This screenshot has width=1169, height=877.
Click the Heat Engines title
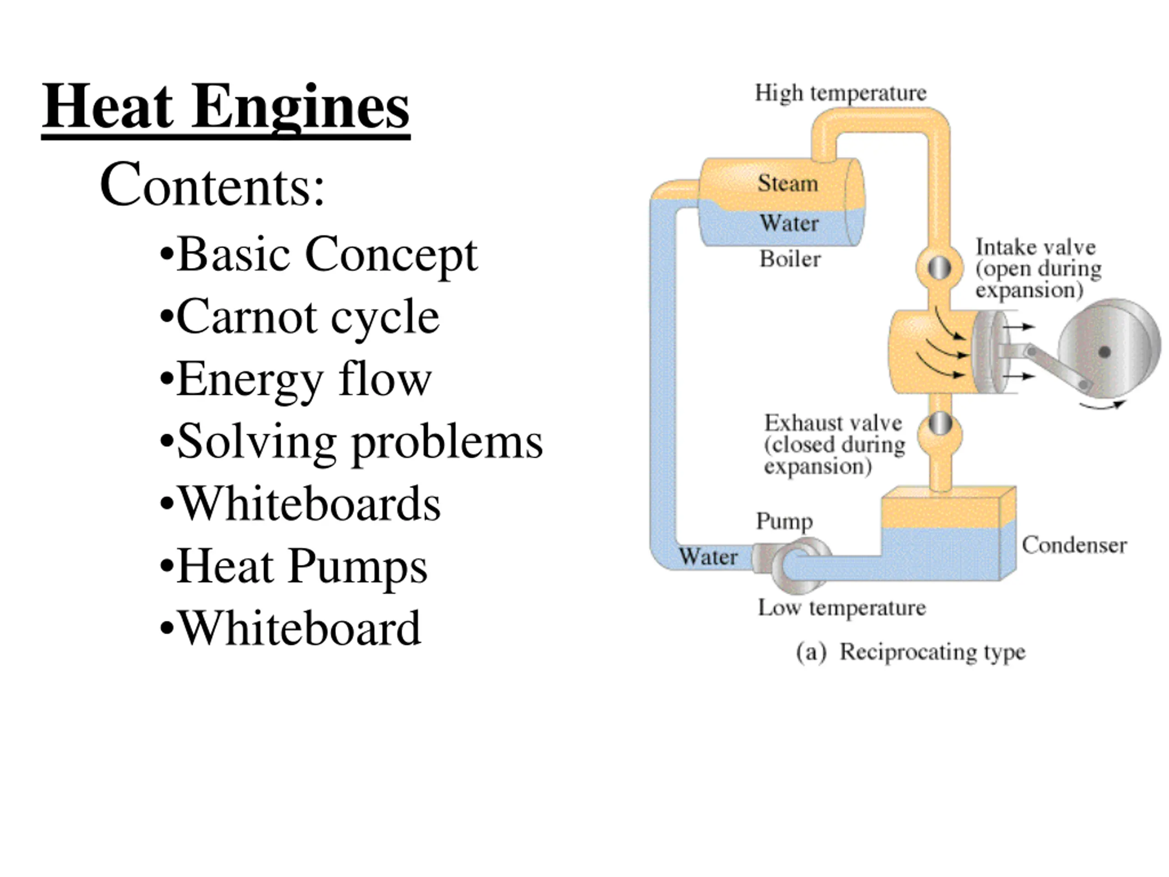pyautogui.click(x=226, y=108)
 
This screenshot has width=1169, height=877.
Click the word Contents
pyautogui.click(x=212, y=185)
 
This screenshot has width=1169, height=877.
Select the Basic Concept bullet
pyautogui.click(x=318, y=255)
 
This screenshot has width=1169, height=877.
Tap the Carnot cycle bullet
pyautogui.click(x=299, y=317)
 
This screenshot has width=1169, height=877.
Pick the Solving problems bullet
pyautogui.click(x=351, y=442)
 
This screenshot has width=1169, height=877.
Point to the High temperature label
pyautogui.click(x=840, y=94)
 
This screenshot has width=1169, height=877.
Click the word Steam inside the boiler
pyautogui.click(x=788, y=183)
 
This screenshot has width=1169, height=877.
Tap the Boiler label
pyautogui.click(x=790, y=259)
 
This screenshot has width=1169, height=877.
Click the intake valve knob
pyautogui.click(x=939, y=268)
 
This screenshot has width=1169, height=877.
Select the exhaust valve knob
pyautogui.click(x=941, y=423)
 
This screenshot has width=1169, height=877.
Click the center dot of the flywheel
pyautogui.click(x=1104, y=352)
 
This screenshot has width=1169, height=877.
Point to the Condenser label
pyautogui.click(x=1074, y=545)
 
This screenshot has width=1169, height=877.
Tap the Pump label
pyautogui.click(x=784, y=521)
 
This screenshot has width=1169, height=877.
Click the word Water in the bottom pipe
pyautogui.click(x=708, y=557)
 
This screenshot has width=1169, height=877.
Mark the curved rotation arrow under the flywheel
pyautogui.click(x=1102, y=406)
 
